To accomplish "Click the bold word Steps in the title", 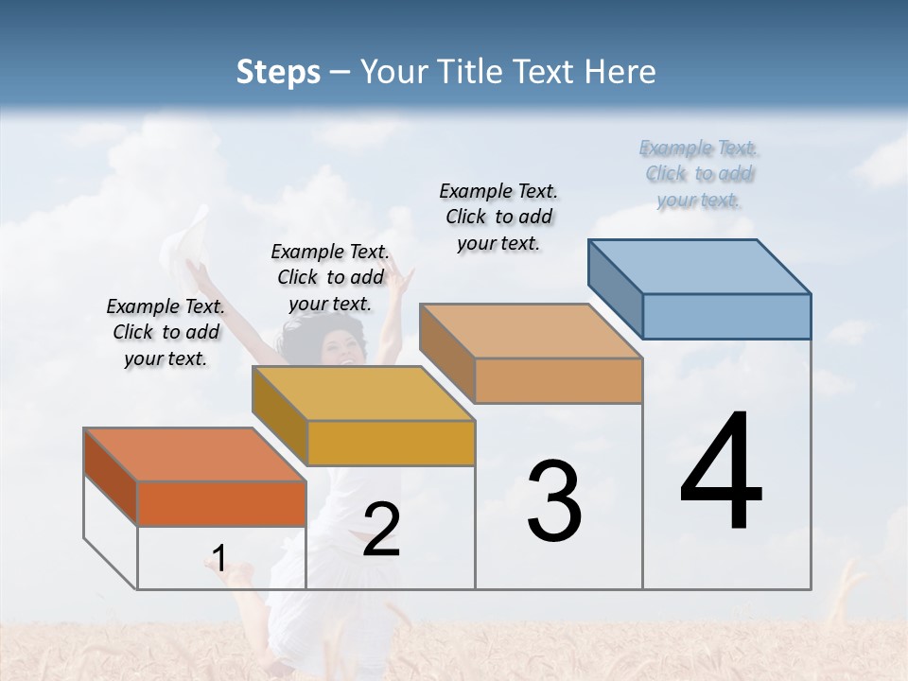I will point(278,72).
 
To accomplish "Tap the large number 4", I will point(721,472).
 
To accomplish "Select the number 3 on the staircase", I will point(554,501).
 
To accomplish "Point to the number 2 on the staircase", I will point(381,530).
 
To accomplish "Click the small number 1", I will point(218,558).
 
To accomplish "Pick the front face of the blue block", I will point(726,316).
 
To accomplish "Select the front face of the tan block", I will point(558,381).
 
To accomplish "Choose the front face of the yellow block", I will point(391,443).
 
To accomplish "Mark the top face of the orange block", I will point(195,455).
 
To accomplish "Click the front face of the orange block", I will point(221,503).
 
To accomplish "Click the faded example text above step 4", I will point(699,173).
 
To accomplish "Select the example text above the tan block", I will point(498,217).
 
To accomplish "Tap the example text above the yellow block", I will point(330,277).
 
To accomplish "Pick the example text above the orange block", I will point(166,332).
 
